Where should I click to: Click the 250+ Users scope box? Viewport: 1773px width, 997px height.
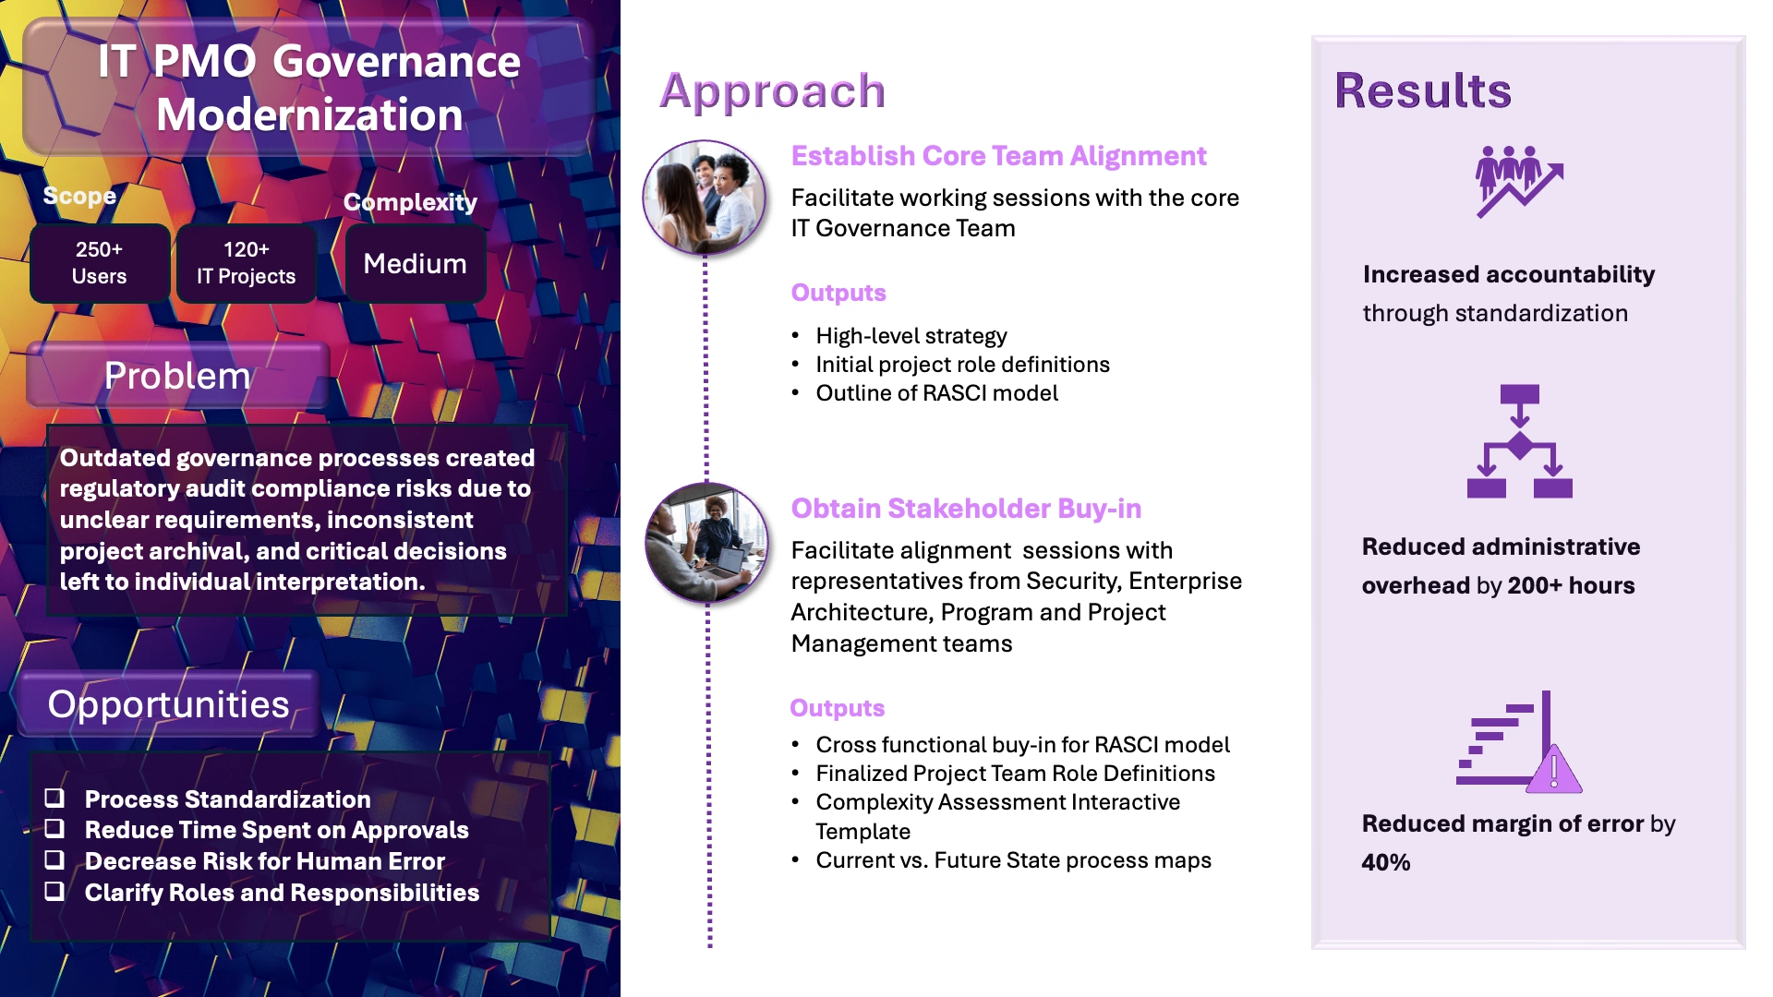[x=100, y=263]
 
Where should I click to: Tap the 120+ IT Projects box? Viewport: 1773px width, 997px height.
[x=246, y=263]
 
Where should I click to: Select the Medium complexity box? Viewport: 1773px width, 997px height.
[x=415, y=264]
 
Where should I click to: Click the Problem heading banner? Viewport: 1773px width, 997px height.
[x=177, y=376]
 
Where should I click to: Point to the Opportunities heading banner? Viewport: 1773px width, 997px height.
[x=168, y=704]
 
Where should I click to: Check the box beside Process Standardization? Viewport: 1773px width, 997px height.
[x=55, y=798]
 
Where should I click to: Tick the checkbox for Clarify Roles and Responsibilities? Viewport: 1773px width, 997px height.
[x=55, y=891]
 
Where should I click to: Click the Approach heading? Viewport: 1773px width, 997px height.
[x=772, y=90]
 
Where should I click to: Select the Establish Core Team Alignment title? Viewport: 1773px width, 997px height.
[x=998, y=156]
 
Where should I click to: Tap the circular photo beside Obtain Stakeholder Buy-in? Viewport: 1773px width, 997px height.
[x=706, y=543]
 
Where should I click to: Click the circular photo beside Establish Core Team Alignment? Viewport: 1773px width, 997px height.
[x=705, y=198]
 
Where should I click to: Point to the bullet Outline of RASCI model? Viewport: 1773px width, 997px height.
[x=936, y=393]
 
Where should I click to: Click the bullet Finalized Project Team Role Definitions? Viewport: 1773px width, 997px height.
[x=1015, y=774]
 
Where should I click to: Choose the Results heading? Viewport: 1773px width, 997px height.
[x=1422, y=90]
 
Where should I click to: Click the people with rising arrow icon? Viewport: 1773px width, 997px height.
[x=1517, y=181]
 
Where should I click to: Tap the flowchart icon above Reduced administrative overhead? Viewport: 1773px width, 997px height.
[x=1519, y=442]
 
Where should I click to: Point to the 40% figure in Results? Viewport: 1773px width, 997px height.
[x=1386, y=862]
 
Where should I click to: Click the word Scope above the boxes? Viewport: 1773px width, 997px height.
[x=79, y=196]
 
